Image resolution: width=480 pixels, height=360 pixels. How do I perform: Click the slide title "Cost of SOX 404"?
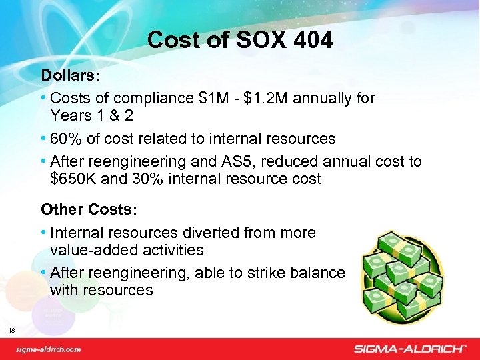pyautogui.click(x=239, y=41)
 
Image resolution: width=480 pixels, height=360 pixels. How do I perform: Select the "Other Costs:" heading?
pyautogui.click(x=89, y=209)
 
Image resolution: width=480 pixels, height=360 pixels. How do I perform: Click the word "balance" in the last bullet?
pyautogui.click(x=319, y=273)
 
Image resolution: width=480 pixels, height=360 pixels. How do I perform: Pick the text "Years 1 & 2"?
pyautogui.click(x=91, y=116)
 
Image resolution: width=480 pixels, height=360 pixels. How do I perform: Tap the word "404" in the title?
pyautogui.click(x=310, y=41)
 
